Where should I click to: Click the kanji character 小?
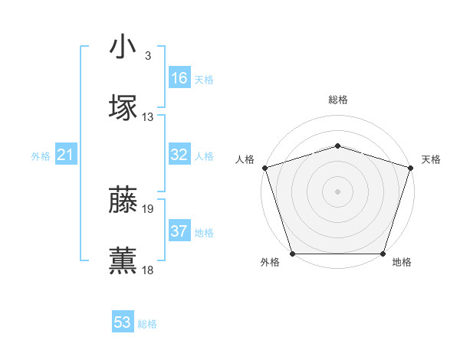[x=123, y=48]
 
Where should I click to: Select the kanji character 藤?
[x=123, y=198]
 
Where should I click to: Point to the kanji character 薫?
[x=123, y=260]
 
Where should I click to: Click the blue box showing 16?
[x=179, y=78]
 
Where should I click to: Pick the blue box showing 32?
[x=179, y=155]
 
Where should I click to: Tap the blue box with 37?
[x=179, y=231]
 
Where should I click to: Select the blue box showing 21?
[x=66, y=155]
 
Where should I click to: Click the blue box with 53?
[x=123, y=322]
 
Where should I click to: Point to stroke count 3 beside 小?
[x=147, y=56]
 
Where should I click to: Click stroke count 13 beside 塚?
[x=148, y=117]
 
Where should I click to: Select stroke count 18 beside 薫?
[x=148, y=270]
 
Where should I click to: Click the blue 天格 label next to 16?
[x=204, y=80]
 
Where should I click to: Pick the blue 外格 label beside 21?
[x=41, y=156]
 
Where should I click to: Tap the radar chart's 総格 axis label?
[x=337, y=100]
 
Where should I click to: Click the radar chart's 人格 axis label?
[x=245, y=159]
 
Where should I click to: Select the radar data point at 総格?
[x=337, y=146]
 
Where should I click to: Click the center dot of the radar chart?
[x=337, y=191]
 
